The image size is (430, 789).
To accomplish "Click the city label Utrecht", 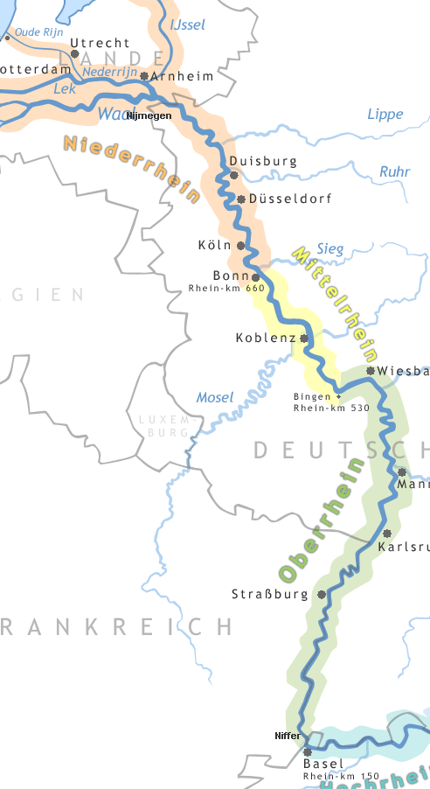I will point(100,43).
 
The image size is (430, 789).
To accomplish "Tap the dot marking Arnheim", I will point(144,76).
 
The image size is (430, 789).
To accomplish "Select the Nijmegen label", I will point(149,115).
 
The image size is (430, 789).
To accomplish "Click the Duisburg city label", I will point(263,162).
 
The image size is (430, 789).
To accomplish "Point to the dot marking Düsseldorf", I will point(241,199).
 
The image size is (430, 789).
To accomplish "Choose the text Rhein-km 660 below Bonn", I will point(226,288).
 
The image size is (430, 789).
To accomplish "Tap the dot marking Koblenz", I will point(304,338).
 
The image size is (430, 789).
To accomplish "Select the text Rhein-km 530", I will point(331,408).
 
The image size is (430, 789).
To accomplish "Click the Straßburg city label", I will point(270,595).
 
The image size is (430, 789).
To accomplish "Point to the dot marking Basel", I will point(307,751).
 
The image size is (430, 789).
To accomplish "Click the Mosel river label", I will point(214,398).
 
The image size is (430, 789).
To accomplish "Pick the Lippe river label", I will point(385,115).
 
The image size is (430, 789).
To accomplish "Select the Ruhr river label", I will point(394,172).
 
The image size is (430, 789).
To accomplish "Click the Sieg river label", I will point(330,249).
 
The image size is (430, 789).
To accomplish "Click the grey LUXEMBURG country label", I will point(163,426).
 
